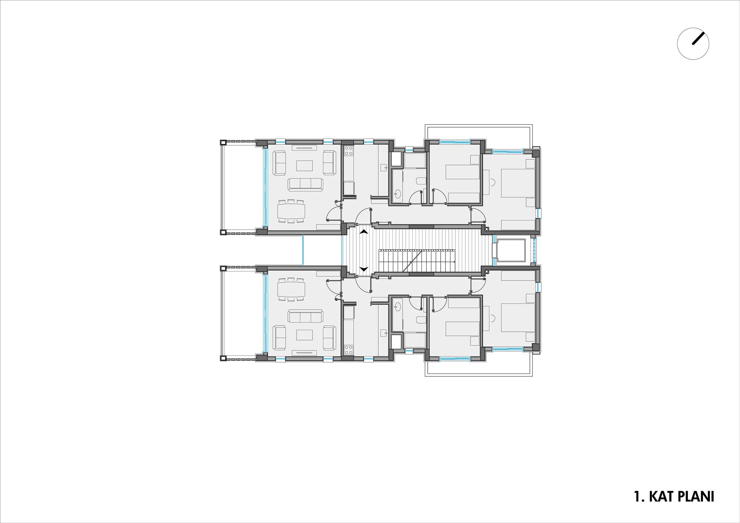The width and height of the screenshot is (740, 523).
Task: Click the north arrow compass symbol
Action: pyautogui.click(x=693, y=44)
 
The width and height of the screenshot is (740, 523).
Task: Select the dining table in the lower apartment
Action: pyautogui.click(x=292, y=289)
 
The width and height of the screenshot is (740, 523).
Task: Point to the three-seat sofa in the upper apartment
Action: pyautogui.click(x=305, y=185)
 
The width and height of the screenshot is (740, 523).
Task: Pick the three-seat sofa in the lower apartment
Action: pyautogui.click(x=305, y=316)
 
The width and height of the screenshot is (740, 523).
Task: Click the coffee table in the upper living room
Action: pyautogui.click(x=305, y=166)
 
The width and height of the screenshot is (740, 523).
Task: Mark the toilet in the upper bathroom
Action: pyautogui.click(x=421, y=181)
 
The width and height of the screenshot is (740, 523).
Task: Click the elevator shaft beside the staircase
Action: pyautogui.click(x=511, y=250)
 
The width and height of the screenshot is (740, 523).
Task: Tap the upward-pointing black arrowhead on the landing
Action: pyautogui.click(x=364, y=232)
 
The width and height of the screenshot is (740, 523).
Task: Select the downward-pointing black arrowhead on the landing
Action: pyautogui.click(x=364, y=269)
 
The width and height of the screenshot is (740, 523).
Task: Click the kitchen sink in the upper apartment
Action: pyautogui.click(x=383, y=168)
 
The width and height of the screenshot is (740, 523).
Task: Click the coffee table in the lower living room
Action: pyautogui.click(x=305, y=335)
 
